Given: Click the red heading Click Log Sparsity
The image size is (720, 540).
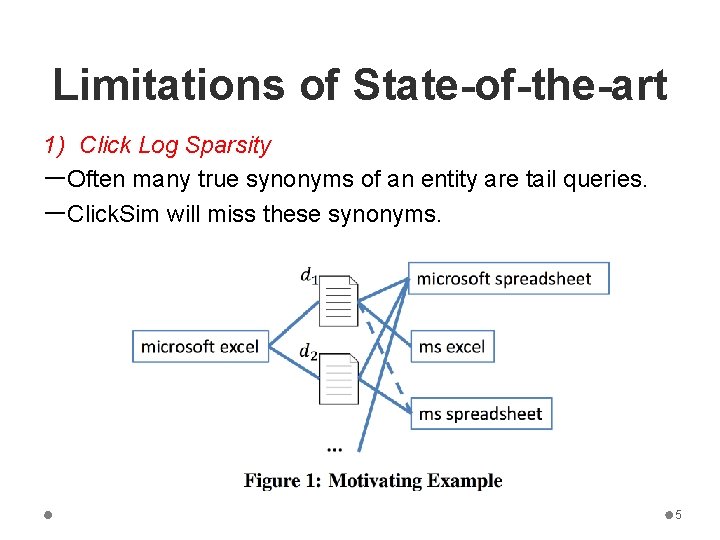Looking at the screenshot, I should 174,146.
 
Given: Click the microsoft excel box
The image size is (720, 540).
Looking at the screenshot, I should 200,347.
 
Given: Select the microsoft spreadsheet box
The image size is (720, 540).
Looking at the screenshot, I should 508,279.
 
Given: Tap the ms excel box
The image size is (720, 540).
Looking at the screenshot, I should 452,347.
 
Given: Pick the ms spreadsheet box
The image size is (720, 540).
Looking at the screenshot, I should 480,414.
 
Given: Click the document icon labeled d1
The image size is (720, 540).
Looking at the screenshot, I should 339,301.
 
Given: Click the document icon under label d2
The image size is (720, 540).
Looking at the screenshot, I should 339,379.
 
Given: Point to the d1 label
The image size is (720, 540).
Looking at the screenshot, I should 309,275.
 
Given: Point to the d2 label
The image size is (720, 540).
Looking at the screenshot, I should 309,352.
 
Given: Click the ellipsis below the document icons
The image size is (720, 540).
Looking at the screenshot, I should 334,447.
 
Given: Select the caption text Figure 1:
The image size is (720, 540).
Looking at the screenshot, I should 282,481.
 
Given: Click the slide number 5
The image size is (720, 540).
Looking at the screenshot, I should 678,515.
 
